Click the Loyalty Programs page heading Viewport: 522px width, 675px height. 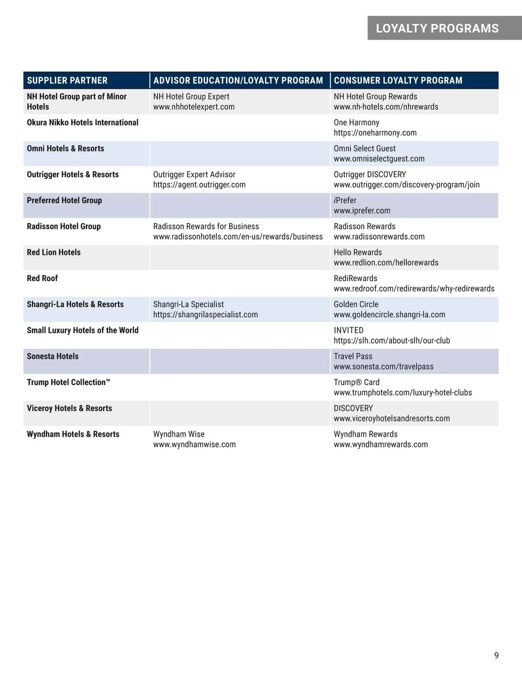tap(437, 29)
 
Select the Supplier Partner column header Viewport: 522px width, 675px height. tap(67, 80)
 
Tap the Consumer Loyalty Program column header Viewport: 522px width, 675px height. tap(398, 80)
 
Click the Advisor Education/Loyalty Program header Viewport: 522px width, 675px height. tap(238, 80)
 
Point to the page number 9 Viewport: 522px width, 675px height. tap(496, 655)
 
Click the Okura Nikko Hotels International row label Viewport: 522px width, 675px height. tap(83, 123)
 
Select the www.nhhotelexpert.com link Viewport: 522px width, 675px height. tap(194, 107)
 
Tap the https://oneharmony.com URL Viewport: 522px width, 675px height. tap(375, 133)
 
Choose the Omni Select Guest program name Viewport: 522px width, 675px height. tap(365, 149)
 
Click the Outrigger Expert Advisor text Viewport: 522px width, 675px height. tap(194, 175)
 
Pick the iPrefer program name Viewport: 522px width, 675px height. tap(345, 200)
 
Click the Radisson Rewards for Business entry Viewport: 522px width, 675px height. tap(206, 226)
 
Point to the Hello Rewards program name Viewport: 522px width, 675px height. tap(358, 253)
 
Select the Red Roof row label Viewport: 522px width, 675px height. tap(42, 278)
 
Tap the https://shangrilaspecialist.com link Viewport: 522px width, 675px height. tap(205, 315)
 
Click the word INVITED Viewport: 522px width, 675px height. tap(348, 330)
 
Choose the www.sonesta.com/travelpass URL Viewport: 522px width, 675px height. tap(383, 367)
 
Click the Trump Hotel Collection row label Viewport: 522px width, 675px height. tap(68, 382)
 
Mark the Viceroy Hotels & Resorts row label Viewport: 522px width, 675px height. tap(69, 408)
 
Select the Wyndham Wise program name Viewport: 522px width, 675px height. tap(178, 434)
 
